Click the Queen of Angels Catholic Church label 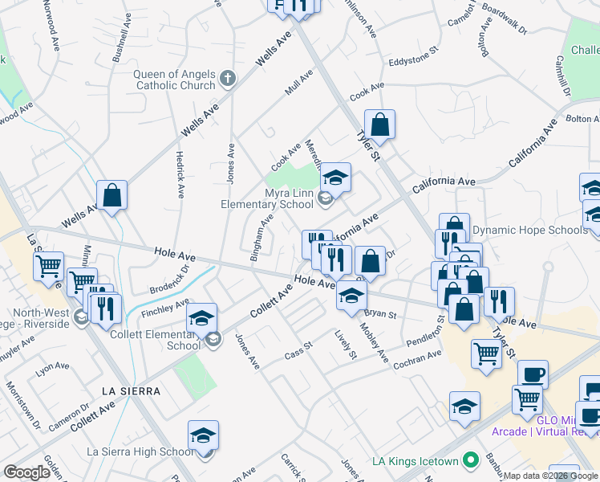174,80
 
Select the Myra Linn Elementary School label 266,198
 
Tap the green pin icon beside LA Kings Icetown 470,461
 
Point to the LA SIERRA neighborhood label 131,390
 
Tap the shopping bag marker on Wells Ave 112,194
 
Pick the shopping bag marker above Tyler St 380,125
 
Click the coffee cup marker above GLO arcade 533,374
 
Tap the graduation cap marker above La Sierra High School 204,435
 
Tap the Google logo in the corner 27,472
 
